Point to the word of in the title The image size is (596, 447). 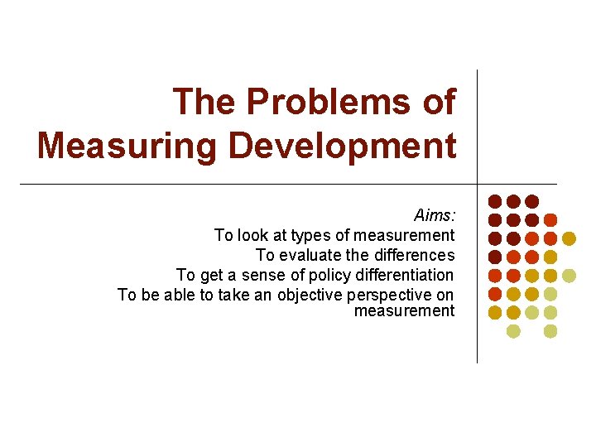point(439,103)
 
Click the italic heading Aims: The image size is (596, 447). point(434,215)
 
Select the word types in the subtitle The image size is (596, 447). point(310,235)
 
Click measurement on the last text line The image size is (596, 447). point(404,310)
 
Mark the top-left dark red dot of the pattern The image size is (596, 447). point(495,201)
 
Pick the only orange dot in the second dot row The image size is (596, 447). point(550,220)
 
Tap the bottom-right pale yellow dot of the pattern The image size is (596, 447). point(550,331)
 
